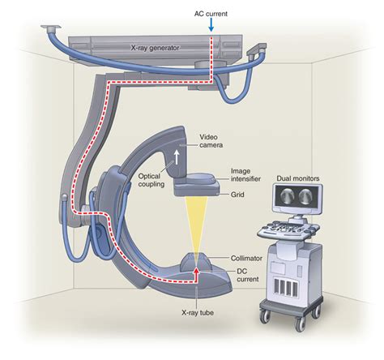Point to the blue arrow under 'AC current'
pyautogui.click(x=211, y=26)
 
